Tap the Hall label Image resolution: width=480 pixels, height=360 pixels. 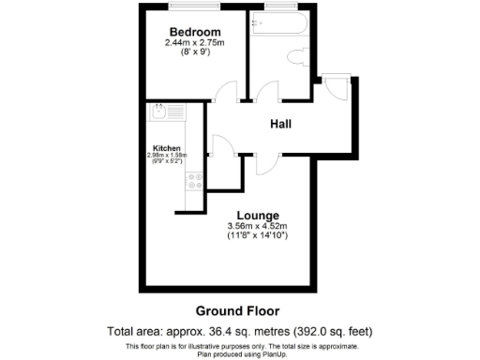280,124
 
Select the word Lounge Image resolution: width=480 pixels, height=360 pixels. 258,216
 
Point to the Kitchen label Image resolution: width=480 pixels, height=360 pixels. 167,147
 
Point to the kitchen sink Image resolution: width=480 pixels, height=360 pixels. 161,113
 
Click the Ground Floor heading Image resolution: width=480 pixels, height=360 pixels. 237,310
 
